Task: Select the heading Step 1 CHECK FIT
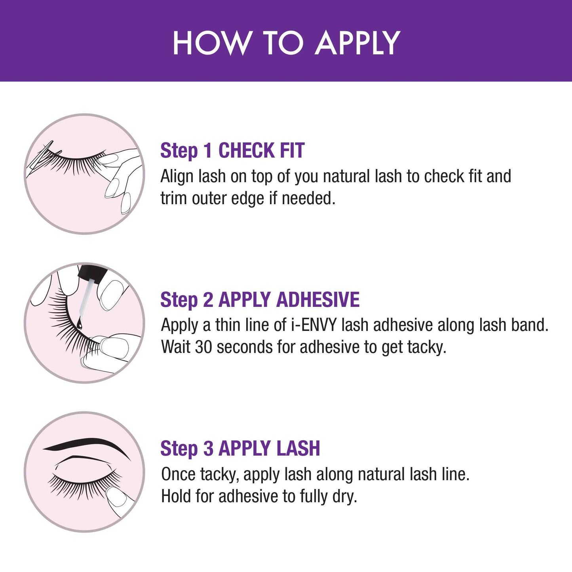(232, 150)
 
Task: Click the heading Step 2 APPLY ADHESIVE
(260, 300)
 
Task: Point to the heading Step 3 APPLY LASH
(240, 448)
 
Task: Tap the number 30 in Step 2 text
(204, 347)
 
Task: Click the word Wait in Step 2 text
(176, 347)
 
